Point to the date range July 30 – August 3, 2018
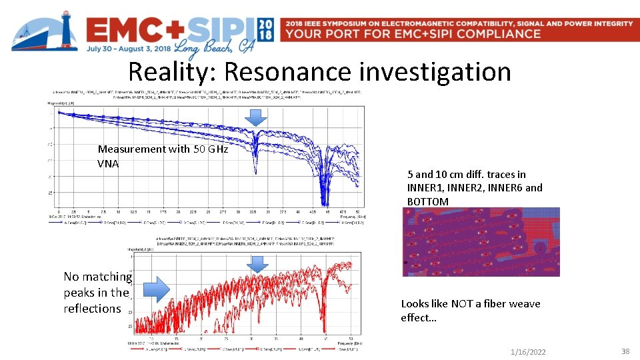click(127, 48)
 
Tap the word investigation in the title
click(436, 71)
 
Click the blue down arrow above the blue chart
click(255, 118)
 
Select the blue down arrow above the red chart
click(256, 265)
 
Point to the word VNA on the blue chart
click(108, 163)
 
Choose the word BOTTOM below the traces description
click(428, 201)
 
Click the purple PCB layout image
click(481, 241)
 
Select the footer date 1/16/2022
click(527, 352)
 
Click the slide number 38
click(625, 351)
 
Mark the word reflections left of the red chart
click(93, 309)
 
